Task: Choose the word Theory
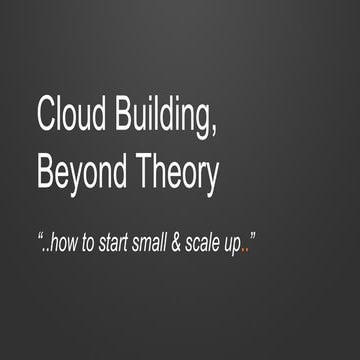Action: [180, 174]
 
